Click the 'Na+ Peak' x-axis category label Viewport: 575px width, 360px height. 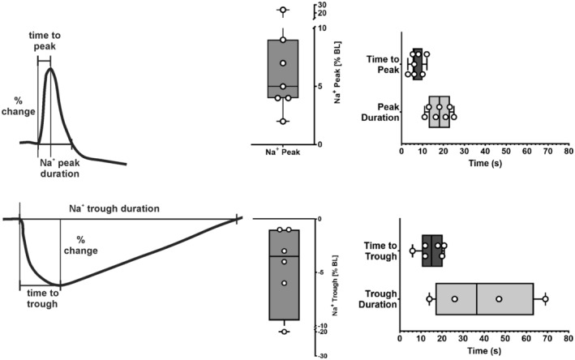pyautogui.click(x=283, y=152)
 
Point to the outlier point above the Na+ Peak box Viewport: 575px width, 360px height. pyautogui.click(x=282, y=11)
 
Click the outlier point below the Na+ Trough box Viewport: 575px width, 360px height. pyautogui.click(x=283, y=332)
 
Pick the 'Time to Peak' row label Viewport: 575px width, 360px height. pyautogui.click(x=383, y=64)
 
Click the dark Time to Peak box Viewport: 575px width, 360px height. pyautogui.click(x=417, y=64)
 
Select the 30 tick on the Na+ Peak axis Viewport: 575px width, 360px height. pyautogui.click(x=322, y=6)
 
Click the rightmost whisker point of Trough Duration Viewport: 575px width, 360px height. pyautogui.click(x=545, y=299)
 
